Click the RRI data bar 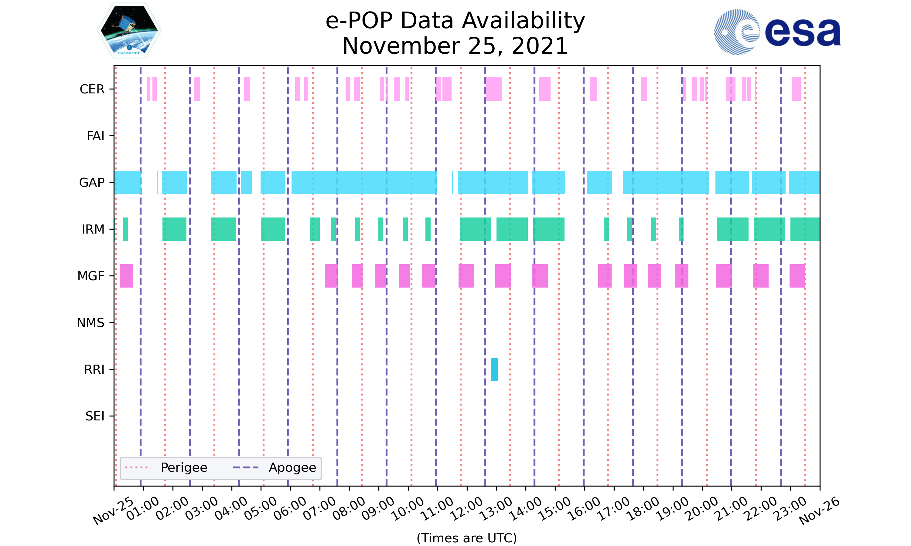[495, 369]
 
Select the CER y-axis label [92, 89]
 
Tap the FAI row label [95, 136]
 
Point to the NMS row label [90, 323]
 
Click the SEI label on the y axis [95, 416]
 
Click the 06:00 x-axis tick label [290, 509]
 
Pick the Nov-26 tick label [819, 511]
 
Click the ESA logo [777, 32]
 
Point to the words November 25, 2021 [455, 46]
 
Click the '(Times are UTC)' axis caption [466, 538]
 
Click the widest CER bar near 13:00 [494, 89]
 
